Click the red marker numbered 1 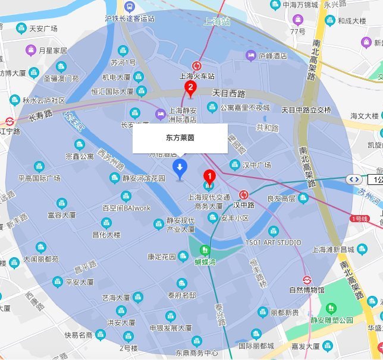(209, 176)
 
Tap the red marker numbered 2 (190, 90)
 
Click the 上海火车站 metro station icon (196, 65)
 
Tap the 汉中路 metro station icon (243, 195)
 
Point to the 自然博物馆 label (306, 290)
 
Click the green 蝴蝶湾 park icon (205, 250)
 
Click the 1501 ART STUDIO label (273, 242)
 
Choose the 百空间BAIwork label (127, 208)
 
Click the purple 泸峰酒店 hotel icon (251, 56)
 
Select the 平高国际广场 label (39, 178)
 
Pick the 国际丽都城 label (256, 345)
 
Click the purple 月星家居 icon (31, 51)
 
